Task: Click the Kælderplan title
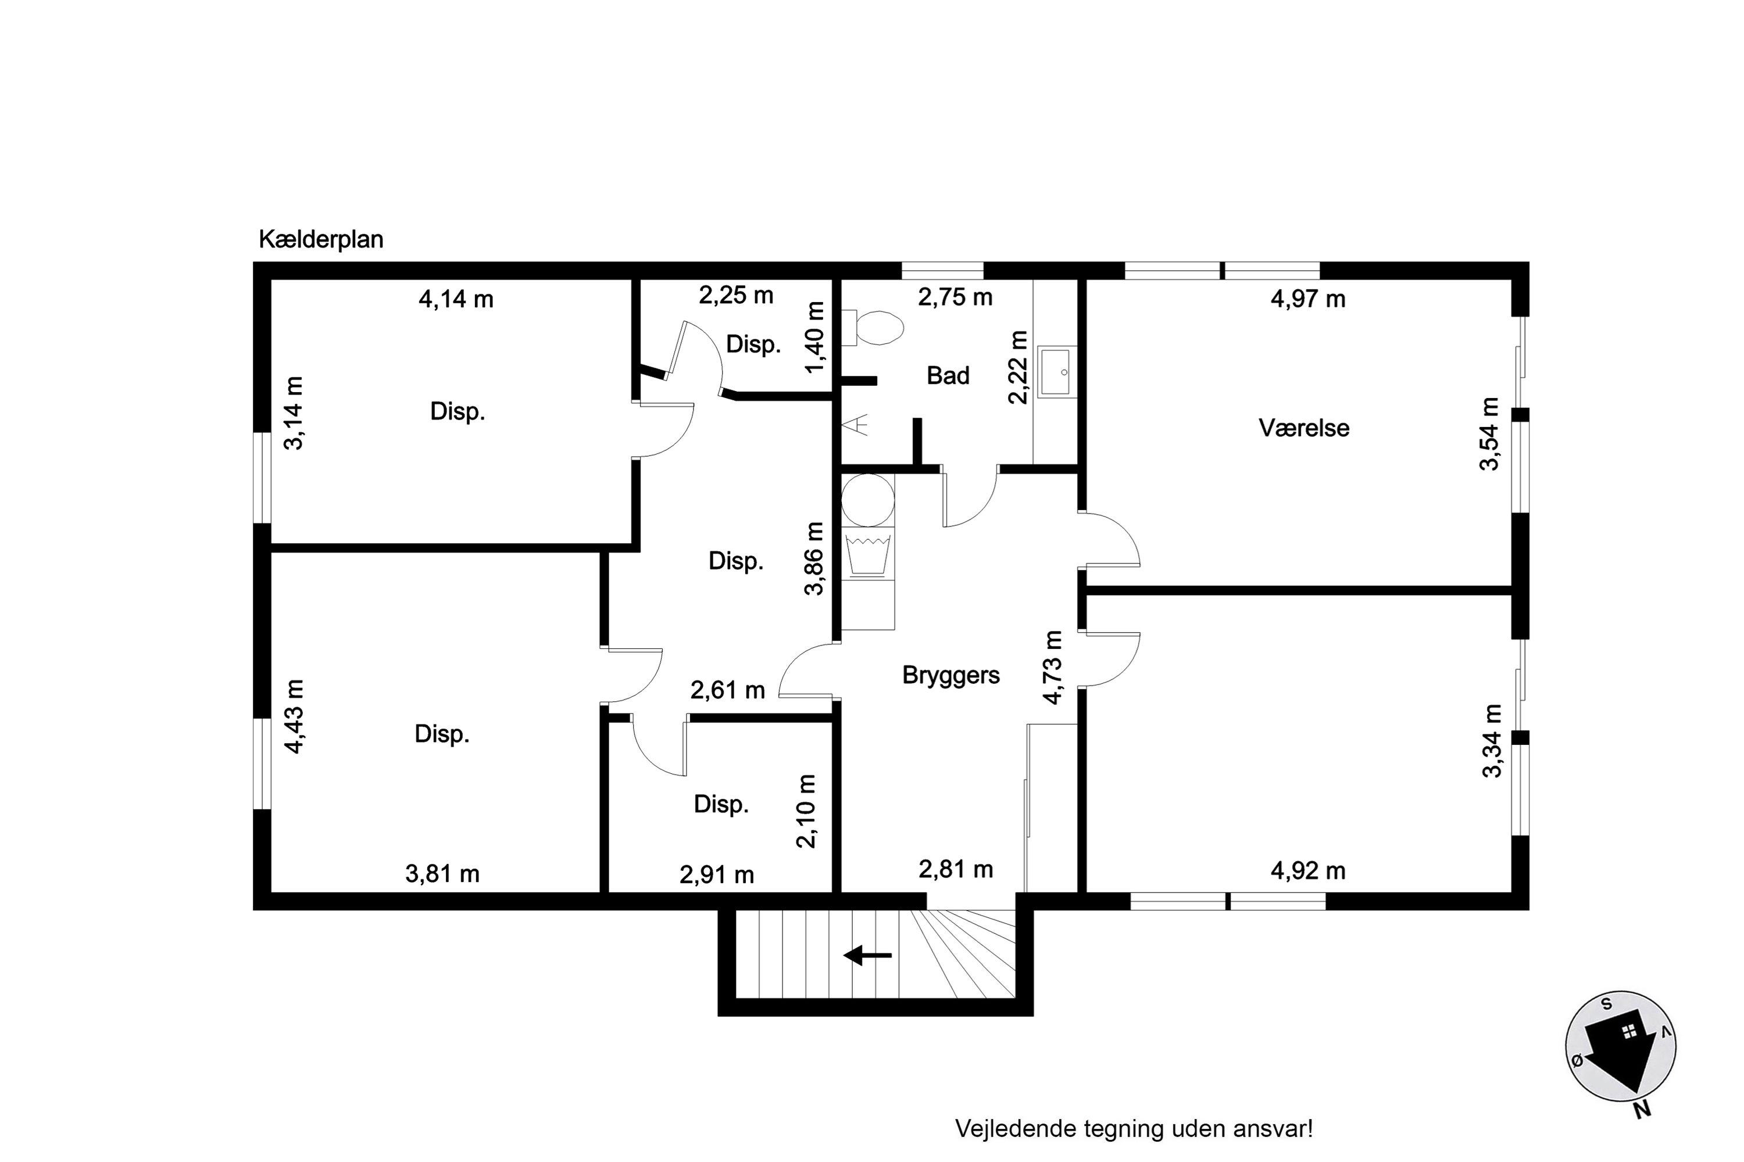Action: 321,240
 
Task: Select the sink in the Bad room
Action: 1055,371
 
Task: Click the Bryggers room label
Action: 950,676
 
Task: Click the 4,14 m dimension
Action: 456,299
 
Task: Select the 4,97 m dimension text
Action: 1308,299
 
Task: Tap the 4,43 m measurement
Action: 294,716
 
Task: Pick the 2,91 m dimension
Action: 717,874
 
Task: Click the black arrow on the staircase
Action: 867,955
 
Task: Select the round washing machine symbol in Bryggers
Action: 867,500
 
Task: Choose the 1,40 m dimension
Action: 814,337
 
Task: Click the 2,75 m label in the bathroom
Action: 955,297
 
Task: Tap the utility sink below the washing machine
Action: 867,554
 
